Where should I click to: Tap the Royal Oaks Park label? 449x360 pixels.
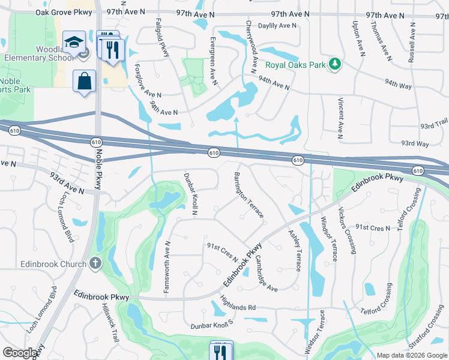[x=295, y=65]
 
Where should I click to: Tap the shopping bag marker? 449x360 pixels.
[x=85, y=80]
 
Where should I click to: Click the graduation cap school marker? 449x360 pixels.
[x=74, y=42]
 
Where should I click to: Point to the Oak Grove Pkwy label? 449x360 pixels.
[x=63, y=12]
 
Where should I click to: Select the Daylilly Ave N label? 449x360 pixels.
[x=277, y=26]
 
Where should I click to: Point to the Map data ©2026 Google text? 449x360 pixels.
[x=411, y=355]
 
